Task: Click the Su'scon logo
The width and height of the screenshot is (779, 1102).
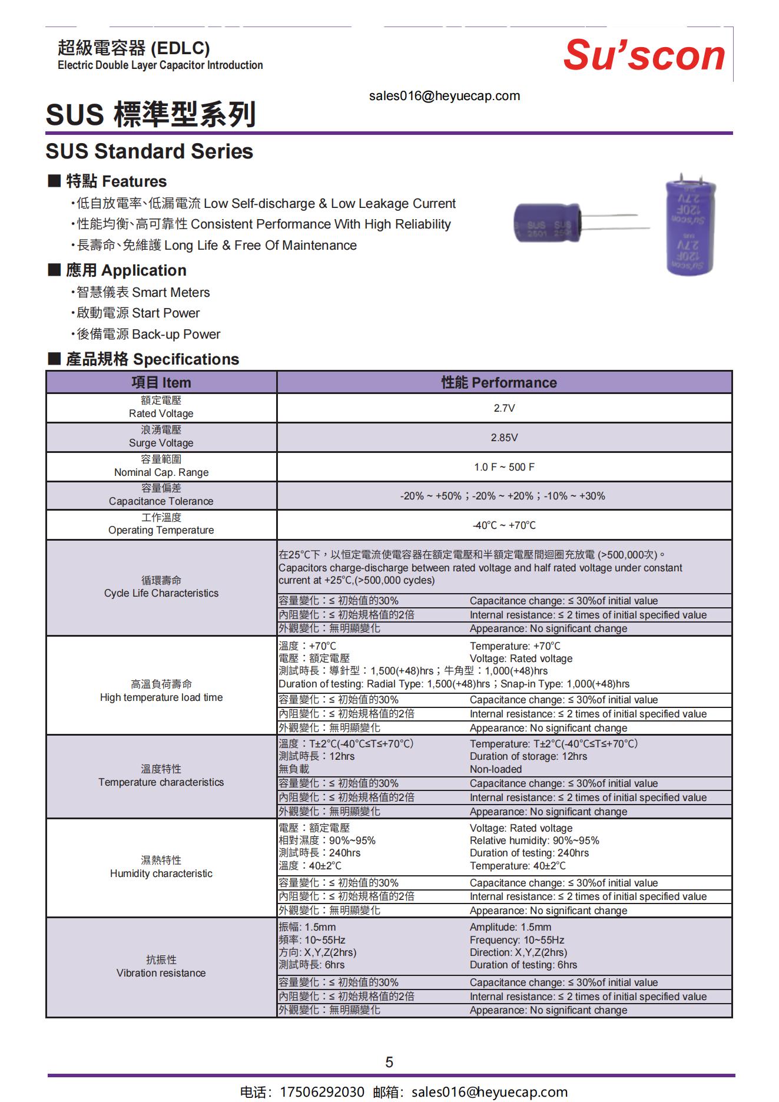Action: (x=644, y=56)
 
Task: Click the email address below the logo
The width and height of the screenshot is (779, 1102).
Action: (x=445, y=96)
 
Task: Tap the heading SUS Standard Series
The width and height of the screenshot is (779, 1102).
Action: (x=150, y=151)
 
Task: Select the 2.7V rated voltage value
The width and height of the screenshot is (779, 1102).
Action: (x=504, y=408)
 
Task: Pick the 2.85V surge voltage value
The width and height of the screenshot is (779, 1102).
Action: (x=504, y=438)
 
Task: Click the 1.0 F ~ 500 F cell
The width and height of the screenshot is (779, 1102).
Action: (x=504, y=467)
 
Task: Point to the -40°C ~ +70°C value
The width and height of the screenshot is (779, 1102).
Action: (x=504, y=525)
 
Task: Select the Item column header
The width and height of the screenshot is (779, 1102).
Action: (x=161, y=383)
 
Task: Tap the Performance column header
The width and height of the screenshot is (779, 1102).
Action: (x=499, y=383)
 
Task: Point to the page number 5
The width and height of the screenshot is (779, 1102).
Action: (x=389, y=1062)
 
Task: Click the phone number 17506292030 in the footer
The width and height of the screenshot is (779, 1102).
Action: (x=321, y=1092)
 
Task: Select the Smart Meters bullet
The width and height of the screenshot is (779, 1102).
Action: (x=143, y=293)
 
